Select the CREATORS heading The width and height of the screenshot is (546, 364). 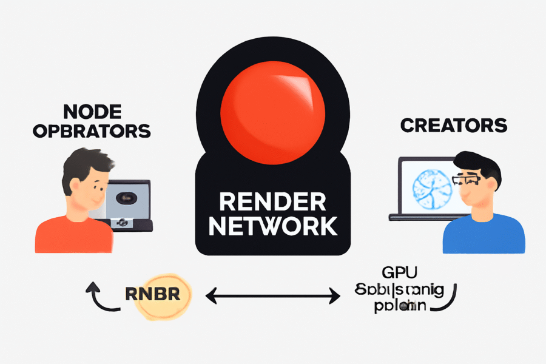pos(453,126)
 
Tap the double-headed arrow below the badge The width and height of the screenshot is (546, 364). pos(273,296)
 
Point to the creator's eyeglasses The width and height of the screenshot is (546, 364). pos(467,180)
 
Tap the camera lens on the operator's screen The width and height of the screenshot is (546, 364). pos(128,197)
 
